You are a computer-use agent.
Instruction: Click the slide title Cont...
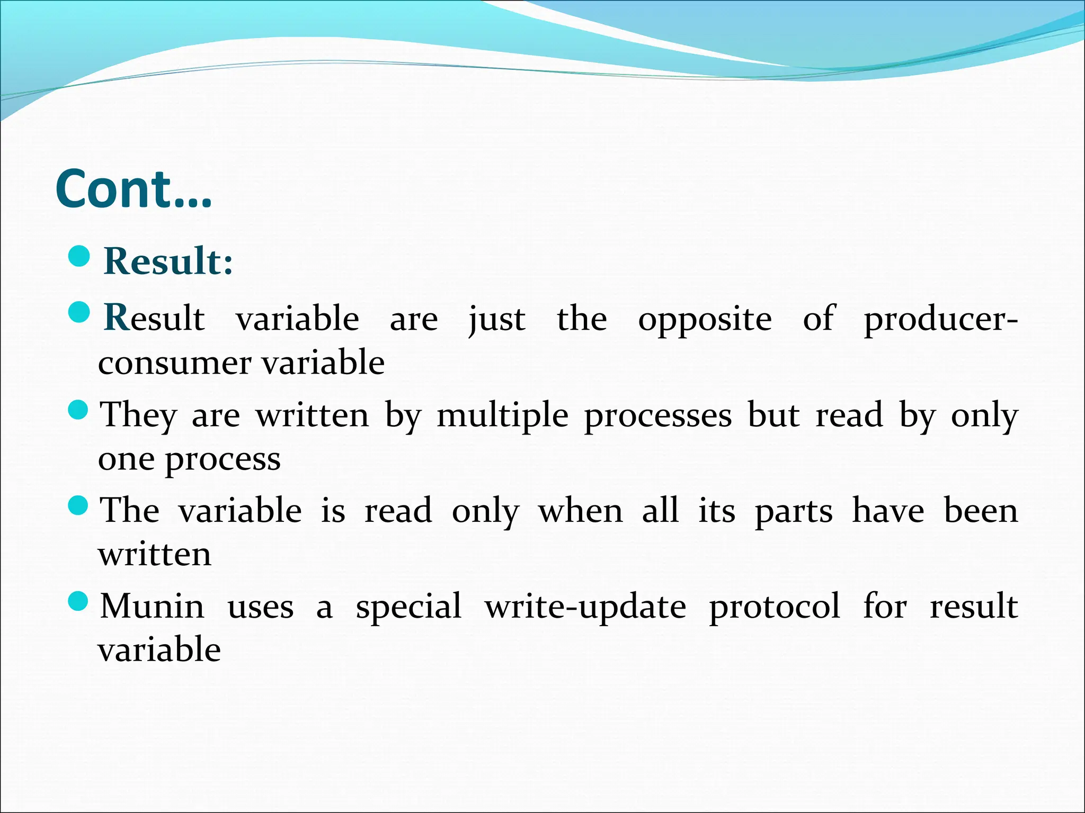coord(134,189)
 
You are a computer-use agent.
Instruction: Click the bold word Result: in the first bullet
coord(168,261)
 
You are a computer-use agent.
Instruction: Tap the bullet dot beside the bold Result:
coord(79,256)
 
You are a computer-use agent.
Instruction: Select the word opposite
coord(705,320)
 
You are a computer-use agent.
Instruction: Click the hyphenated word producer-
coord(940,320)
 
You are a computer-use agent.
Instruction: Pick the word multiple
coord(502,415)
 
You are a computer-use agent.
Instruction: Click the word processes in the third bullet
coord(658,415)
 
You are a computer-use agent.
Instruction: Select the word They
coord(139,415)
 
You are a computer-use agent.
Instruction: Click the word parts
coord(793,512)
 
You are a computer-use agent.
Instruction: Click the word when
coord(581,511)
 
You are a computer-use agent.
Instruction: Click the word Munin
coord(152,606)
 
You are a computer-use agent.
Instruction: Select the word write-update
coord(585,607)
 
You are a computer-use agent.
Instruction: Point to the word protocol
coord(774,607)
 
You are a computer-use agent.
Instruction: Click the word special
coord(408,607)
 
